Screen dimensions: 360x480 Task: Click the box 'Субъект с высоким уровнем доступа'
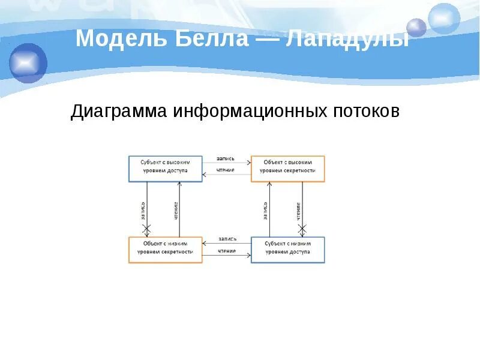pos(165,169)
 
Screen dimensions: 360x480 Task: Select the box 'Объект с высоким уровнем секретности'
pos(287,169)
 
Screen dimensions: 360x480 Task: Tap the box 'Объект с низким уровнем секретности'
pos(165,250)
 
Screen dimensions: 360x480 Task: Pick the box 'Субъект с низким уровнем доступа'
pos(287,250)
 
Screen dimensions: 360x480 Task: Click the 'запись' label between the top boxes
pos(226,160)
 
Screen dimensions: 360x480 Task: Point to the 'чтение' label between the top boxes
pos(226,170)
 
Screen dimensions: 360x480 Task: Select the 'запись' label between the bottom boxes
pos(227,239)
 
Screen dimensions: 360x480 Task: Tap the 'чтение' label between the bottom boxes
pos(226,250)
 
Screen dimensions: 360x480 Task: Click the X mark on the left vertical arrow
pos(146,229)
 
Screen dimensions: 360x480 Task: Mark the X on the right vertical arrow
pos(302,229)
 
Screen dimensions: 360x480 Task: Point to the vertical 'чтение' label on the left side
pos(176,211)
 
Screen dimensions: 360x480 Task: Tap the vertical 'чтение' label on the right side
pos(298,211)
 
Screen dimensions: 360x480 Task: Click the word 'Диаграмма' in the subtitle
pos(119,112)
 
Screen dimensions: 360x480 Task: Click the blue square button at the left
pos(28,63)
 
